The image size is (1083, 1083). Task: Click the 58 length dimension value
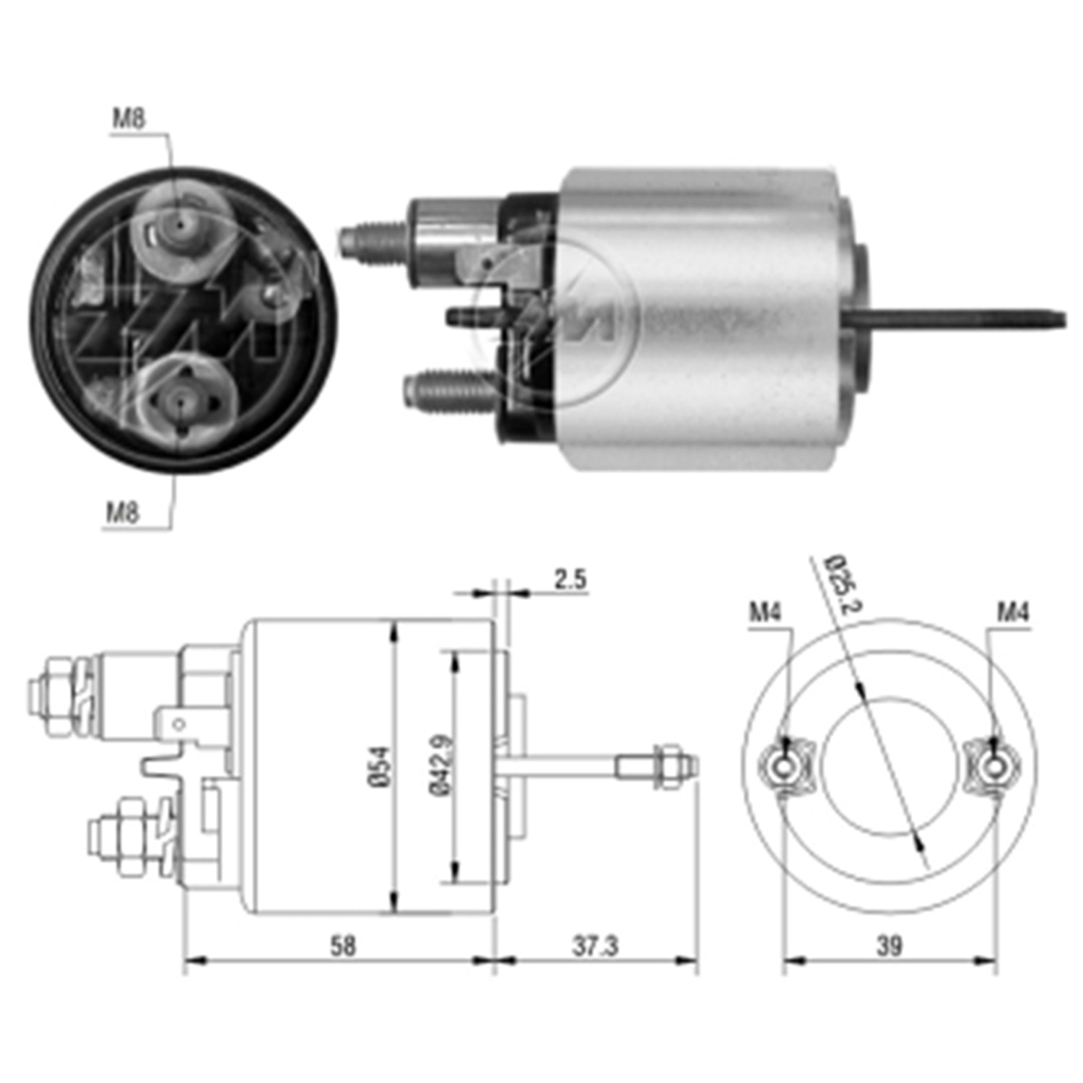343,946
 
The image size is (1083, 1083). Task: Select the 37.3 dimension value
595,946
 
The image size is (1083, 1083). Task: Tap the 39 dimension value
889,946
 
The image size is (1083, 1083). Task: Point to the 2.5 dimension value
570,579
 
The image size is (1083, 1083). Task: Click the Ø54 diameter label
382,769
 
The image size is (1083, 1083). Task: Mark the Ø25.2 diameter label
842,579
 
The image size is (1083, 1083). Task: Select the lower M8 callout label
122,513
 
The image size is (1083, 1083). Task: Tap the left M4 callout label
765,613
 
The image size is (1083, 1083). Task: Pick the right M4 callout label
1012,613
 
